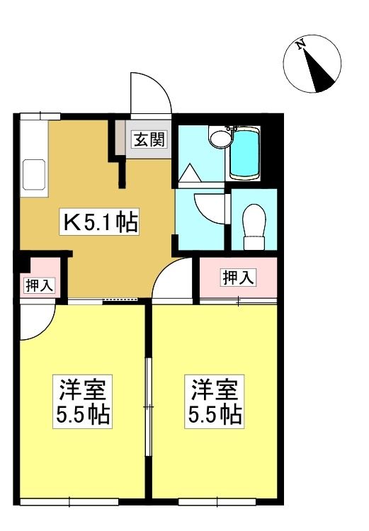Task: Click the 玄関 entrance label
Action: [149, 139]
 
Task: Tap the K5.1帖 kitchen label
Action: [100, 222]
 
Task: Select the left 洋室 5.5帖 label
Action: [82, 401]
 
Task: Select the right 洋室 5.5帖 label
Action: [215, 401]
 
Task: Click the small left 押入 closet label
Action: [39, 286]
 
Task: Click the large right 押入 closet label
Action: [238, 278]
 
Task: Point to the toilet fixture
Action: [254, 227]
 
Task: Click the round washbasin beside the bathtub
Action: [220, 138]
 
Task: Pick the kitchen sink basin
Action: [34, 175]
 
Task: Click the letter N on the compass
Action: [300, 45]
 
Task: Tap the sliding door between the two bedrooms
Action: [148, 406]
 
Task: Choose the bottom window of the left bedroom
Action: [69, 502]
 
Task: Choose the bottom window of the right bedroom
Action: [217, 502]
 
